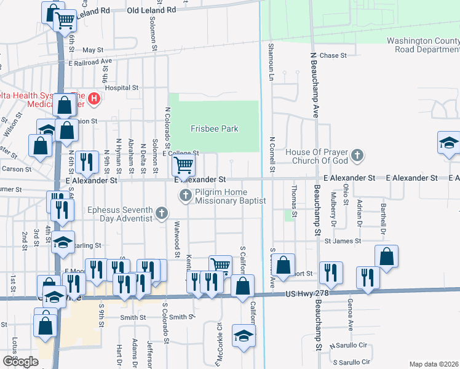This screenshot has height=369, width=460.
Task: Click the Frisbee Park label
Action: (x=214, y=129)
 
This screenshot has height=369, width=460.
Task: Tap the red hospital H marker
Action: (x=94, y=98)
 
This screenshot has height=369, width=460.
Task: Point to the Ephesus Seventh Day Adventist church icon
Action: (x=161, y=213)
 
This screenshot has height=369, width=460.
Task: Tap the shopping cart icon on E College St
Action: (x=183, y=164)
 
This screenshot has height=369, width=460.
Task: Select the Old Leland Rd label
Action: (x=151, y=10)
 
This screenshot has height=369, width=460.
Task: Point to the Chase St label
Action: (x=333, y=55)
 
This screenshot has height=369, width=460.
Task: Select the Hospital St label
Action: (x=122, y=88)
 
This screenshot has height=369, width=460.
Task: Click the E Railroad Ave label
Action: (x=90, y=61)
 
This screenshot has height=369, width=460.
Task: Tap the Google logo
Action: (x=20, y=361)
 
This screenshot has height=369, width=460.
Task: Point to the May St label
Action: (x=93, y=50)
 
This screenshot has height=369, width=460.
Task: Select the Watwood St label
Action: (x=176, y=239)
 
